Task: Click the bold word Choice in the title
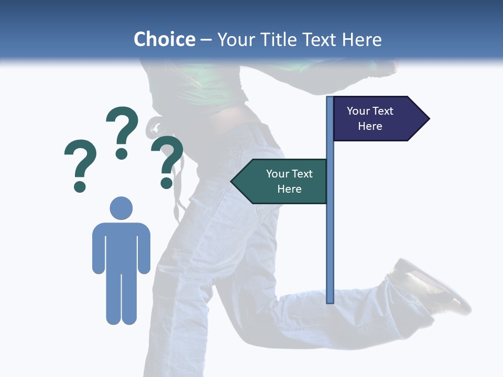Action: pos(164,39)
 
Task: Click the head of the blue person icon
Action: pos(121,208)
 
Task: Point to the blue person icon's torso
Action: pos(121,246)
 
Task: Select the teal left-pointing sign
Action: pos(283,181)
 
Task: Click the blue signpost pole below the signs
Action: pos(330,251)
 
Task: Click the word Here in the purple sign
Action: pos(370,126)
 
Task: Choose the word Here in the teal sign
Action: pos(289,189)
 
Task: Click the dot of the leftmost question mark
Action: pos(80,186)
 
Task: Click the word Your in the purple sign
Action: pos(358,111)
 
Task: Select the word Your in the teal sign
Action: pos(278,174)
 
